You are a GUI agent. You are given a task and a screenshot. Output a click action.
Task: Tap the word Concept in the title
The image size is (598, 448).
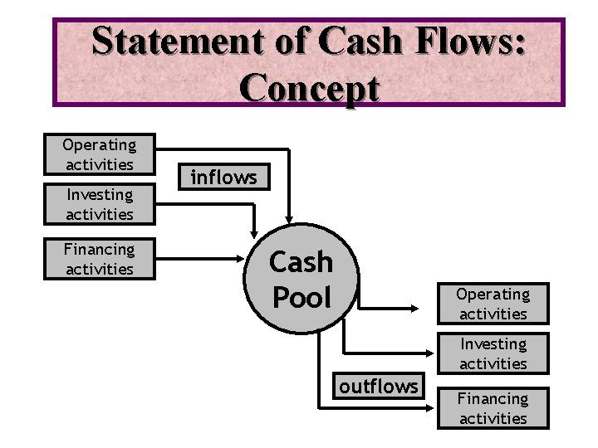click(309, 87)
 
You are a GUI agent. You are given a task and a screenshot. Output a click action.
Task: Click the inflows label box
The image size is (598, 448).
click(224, 177)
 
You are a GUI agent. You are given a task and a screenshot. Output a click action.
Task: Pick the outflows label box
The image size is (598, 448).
click(379, 386)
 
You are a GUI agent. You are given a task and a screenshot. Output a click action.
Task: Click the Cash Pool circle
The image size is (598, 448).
click(301, 280)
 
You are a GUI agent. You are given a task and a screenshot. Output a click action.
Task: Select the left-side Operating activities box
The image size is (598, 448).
click(100, 154)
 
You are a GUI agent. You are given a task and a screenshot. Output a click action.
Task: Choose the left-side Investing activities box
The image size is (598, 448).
click(100, 204)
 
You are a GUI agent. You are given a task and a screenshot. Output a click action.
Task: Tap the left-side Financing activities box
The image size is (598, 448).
click(100, 259)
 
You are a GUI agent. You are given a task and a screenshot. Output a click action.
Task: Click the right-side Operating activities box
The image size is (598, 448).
click(493, 304)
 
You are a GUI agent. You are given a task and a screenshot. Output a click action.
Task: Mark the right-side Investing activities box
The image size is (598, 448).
click(493, 353)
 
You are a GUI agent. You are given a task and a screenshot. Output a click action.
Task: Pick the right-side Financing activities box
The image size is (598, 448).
click(493, 408)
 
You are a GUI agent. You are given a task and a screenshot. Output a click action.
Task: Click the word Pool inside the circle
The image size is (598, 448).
click(301, 297)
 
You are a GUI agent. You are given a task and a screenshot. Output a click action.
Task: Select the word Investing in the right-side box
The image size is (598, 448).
click(493, 344)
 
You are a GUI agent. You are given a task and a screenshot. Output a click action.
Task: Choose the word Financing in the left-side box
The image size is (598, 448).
click(99, 249)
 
